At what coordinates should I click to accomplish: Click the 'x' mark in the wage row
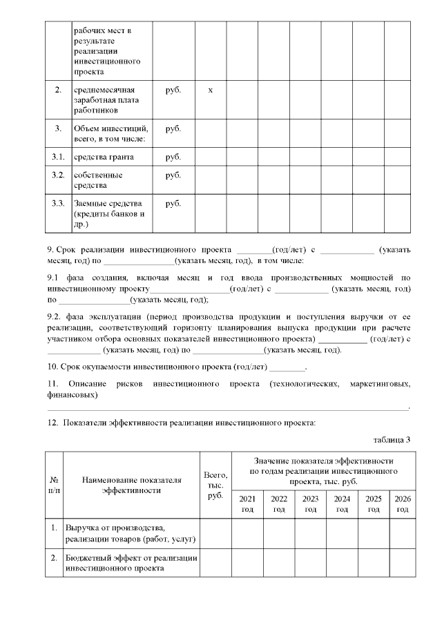(210, 90)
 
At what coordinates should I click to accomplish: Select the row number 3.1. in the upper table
(58, 157)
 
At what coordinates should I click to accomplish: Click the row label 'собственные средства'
(100, 180)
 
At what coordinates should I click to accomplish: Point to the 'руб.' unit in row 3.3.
(173, 204)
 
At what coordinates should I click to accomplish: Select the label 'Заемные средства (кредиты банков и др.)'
(108, 213)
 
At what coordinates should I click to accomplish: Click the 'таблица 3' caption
(392, 440)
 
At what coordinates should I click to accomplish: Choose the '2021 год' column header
(247, 503)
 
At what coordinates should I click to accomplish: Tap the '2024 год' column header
(341, 503)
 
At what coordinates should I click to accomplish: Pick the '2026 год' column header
(401, 503)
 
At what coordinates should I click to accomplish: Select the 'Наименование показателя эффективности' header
(131, 485)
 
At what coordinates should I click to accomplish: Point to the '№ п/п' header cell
(54, 485)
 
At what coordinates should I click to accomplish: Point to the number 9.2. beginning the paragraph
(55, 317)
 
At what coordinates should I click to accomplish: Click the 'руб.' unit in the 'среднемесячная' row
(173, 90)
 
